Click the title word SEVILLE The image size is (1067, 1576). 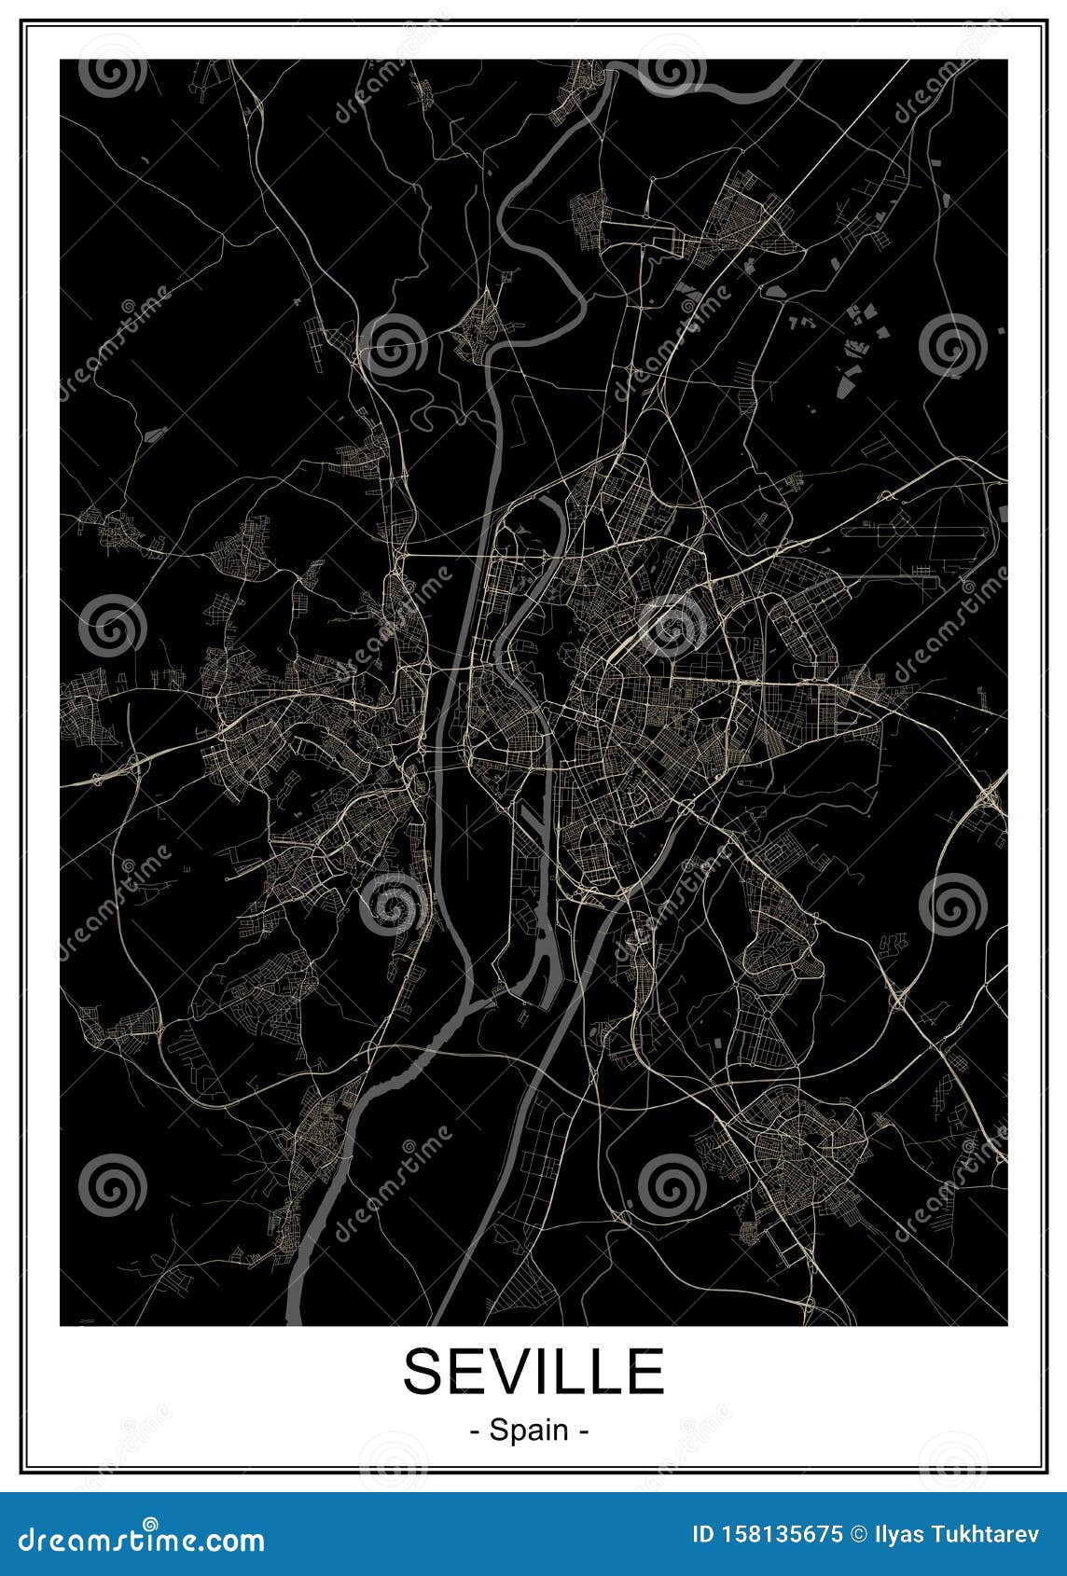(533, 1371)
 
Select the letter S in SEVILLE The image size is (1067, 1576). (425, 1371)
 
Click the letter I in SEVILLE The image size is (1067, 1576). (556, 1371)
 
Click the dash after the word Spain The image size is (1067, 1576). (585, 1430)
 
